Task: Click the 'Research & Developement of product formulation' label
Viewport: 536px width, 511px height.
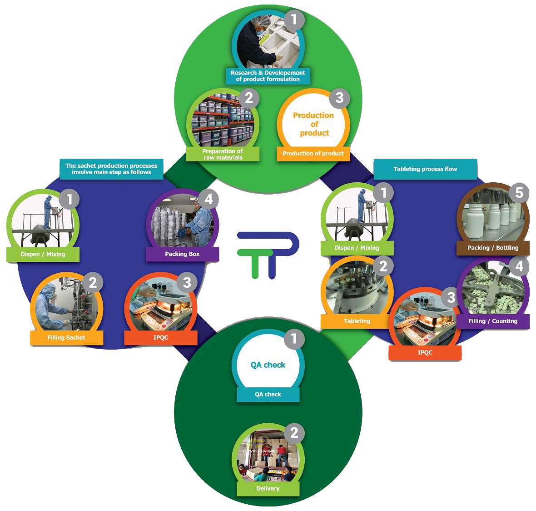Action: coord(268,76)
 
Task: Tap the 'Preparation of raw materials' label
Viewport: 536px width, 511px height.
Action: coord(223,154)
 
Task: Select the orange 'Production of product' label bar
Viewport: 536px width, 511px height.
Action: coord(313,154)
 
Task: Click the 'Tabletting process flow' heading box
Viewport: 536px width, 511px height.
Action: coord(425,169)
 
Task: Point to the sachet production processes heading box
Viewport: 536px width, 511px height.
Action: coord(111,169)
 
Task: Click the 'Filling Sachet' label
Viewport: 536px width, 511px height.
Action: coord(66,337)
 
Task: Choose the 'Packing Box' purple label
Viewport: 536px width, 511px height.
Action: coord(182,254)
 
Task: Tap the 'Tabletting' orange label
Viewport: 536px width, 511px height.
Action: coord(357,321)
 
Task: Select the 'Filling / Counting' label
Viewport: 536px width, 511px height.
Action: coord(493,321)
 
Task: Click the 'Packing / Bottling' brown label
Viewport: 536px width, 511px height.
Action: coord(493,248)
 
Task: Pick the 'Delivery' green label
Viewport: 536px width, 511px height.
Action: coord(268,488)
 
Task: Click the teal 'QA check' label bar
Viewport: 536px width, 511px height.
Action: coord(268,394)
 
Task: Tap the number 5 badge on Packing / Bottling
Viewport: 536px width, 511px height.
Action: coord(519,193)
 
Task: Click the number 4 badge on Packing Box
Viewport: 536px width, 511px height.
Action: coord(208,199)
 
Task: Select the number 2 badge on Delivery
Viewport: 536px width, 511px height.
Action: coord(294,432)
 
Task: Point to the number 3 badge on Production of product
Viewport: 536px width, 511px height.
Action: coord(339,98)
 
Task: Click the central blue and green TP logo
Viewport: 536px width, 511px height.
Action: coord(268,255)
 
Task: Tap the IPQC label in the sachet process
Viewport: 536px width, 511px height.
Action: coord(161,337)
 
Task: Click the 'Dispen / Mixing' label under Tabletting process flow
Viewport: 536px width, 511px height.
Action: coord(357,248)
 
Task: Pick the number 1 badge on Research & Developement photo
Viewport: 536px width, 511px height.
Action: coord(294,20)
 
